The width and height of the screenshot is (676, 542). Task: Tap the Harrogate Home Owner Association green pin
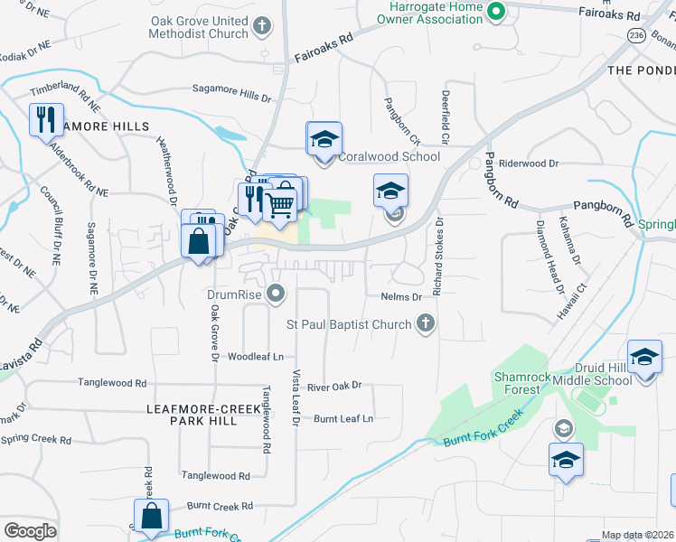[495, 11]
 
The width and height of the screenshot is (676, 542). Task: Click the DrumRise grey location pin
[277, 291]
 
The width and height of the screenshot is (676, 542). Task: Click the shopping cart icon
[281, 204]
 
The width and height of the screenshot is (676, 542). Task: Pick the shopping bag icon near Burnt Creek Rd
[152, 517]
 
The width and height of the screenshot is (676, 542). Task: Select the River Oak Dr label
[334, 386]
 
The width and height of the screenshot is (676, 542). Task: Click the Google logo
[30, 531]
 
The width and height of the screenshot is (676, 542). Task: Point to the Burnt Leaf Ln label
[343, 418]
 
